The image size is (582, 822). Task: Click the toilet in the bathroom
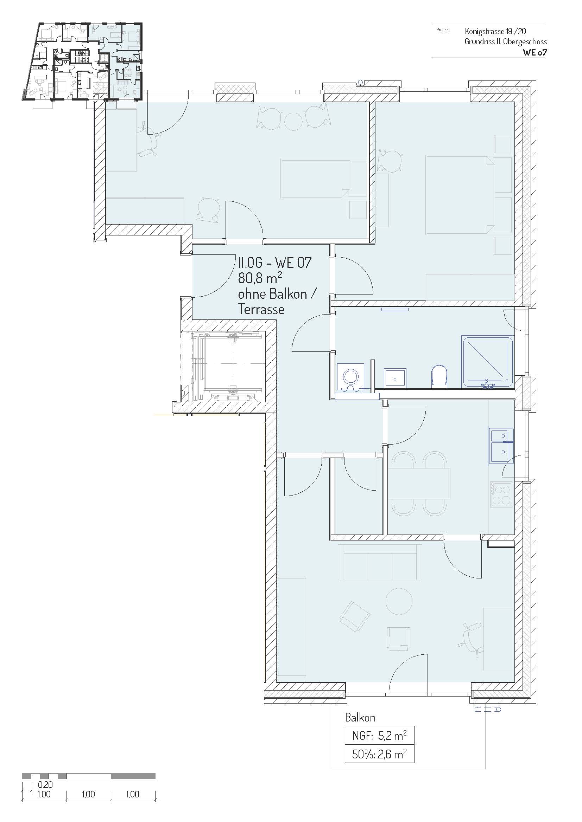[x=439, y=376]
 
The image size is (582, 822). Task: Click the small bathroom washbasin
[x=395, y=378]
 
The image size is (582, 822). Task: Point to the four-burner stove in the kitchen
[x=501, y=494]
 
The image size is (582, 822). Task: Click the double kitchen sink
[x=501, y=445]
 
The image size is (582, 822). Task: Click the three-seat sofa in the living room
[x=380, y=562]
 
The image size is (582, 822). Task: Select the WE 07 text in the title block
[x=535, y=52]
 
